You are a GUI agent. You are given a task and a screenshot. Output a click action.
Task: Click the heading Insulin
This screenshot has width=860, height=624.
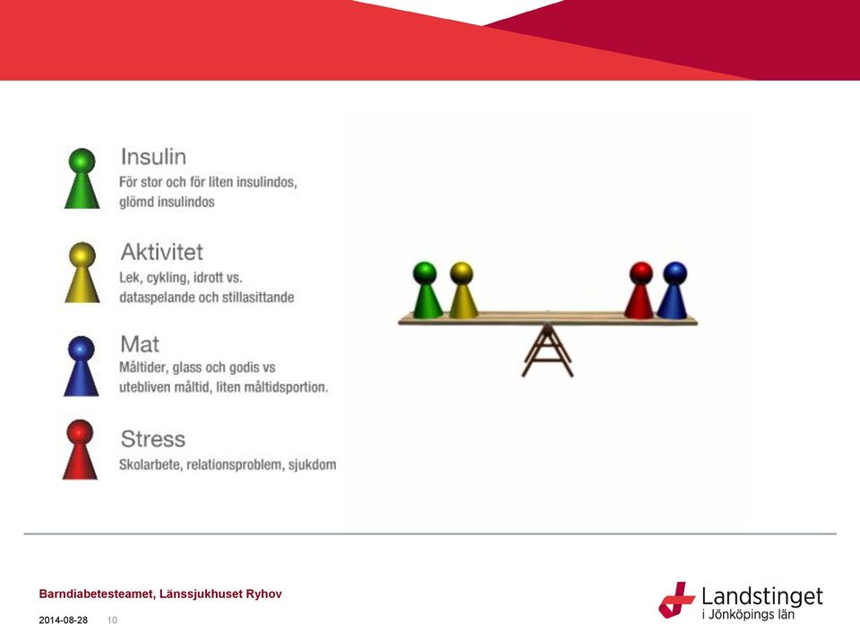[153, 157]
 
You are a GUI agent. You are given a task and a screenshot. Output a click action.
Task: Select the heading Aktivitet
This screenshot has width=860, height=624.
[162, 253]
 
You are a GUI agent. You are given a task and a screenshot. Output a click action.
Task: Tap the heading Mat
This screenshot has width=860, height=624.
[140, 344]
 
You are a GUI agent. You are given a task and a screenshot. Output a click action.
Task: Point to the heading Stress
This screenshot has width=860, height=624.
[153, 439]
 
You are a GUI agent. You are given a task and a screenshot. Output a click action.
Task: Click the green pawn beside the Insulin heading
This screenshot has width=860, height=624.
[82, 178]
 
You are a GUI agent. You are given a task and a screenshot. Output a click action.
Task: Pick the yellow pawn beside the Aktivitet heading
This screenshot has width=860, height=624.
[82, 273]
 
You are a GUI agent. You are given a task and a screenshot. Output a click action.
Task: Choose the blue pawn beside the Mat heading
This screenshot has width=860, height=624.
[82, 366]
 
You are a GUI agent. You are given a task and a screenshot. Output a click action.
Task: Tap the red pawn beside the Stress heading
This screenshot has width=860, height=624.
[80, 450]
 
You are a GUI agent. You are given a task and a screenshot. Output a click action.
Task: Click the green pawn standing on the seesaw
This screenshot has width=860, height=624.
[426, 290]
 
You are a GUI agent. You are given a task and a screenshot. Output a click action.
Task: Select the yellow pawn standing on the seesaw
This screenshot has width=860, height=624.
[462, 290]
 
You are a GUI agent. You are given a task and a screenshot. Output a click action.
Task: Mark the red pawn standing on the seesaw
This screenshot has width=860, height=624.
[640, 290]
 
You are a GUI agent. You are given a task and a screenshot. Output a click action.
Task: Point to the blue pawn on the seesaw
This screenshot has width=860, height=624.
[673, 290]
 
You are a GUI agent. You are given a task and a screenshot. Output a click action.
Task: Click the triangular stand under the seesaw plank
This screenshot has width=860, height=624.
[546, 351]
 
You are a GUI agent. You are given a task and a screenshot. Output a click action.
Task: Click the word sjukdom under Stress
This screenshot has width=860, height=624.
[312, 464]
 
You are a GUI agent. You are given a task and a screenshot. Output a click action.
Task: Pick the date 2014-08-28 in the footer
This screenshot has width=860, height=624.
[63, 620]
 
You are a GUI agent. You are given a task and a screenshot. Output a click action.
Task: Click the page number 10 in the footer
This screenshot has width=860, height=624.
[112, 620]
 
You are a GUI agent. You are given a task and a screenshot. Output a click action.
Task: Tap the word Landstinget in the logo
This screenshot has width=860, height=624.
[762, 596]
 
